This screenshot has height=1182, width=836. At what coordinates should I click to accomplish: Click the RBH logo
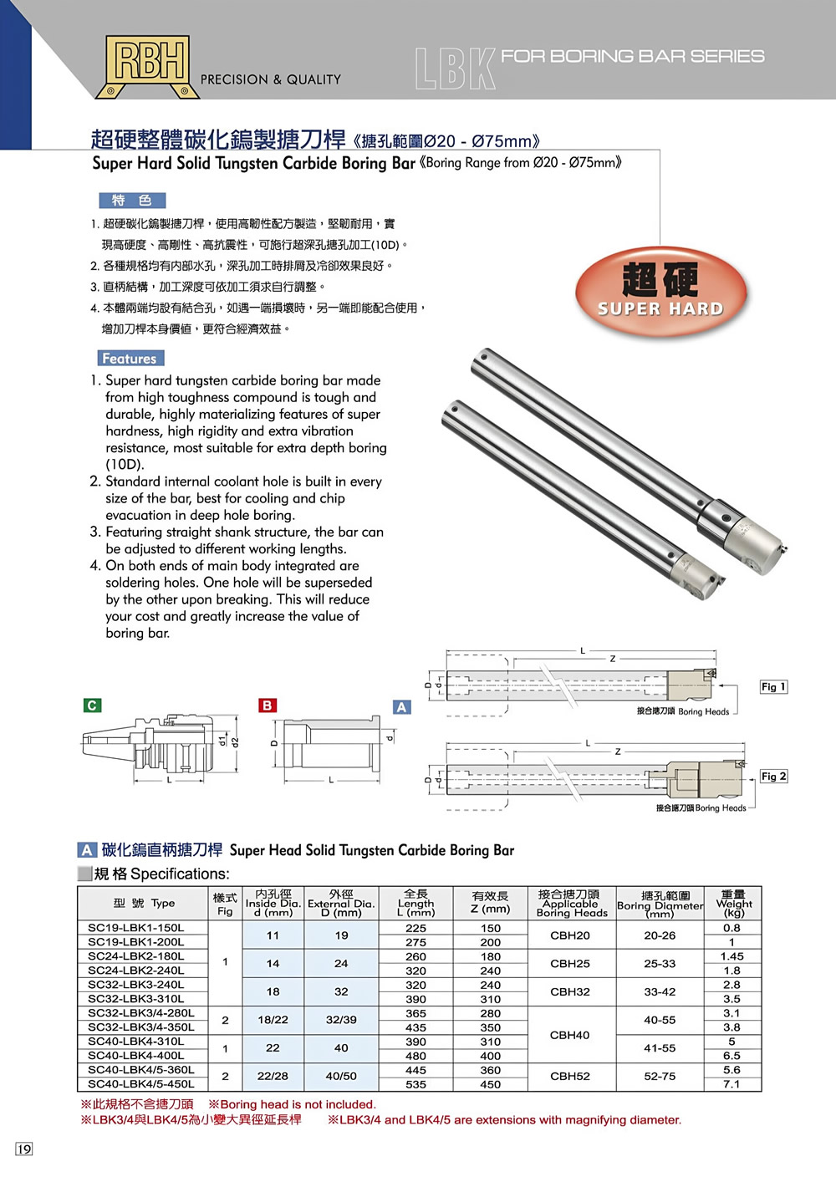(148, 65)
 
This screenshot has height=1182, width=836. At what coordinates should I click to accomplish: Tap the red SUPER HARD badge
(660, 292)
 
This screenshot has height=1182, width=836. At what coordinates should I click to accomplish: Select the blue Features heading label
(130, 359)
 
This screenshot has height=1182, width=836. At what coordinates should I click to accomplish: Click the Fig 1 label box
(773, 686)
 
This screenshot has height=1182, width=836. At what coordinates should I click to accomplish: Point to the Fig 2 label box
(773, 777)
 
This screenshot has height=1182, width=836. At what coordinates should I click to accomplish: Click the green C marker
(93, 706)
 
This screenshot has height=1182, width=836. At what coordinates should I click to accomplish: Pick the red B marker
(267, 706)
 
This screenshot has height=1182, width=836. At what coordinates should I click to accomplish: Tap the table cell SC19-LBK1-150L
(136, 928)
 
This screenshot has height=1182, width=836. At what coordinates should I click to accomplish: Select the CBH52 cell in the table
(570, 1077)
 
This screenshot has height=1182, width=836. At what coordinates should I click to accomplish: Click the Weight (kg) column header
(733, 904)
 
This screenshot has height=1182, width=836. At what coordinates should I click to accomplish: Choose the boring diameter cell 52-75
(660, 1077)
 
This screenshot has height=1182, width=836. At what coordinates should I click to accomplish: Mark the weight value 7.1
(731, 1084)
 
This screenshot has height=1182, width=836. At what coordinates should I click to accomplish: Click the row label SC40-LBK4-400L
(136, 1056)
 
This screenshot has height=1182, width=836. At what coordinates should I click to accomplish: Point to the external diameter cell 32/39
(341, 1020)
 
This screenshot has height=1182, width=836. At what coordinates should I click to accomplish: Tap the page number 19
(24, 1149)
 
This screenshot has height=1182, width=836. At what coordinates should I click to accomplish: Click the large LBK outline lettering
(456, 69)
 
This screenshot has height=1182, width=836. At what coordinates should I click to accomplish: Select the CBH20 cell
(570, 935)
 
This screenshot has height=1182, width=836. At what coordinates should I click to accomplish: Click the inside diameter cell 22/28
(273, 1077)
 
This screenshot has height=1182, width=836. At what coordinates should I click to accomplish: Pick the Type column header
(144, 904)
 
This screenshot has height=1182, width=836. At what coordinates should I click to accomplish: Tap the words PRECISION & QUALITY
(271, 79)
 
